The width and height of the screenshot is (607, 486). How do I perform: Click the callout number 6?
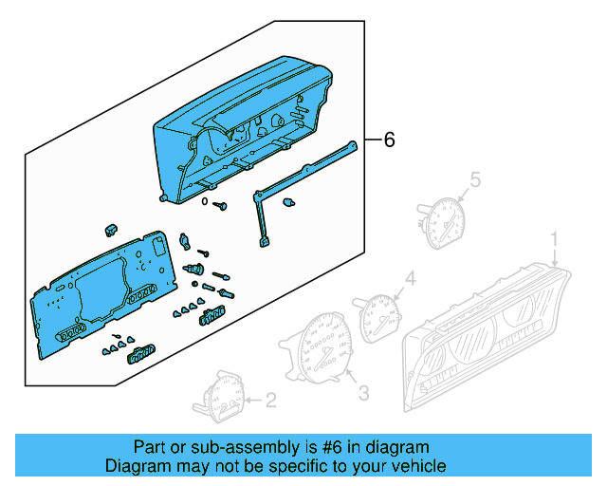(x=388, y=140)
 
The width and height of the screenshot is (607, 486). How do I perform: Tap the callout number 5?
(x=476, y=178)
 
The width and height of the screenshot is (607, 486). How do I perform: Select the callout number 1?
(x=557, y=237)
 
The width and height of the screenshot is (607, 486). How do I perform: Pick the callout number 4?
(x=410, y=278)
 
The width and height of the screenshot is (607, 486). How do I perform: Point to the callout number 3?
(x=363, y=389)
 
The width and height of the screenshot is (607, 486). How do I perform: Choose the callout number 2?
(x=270, y=401)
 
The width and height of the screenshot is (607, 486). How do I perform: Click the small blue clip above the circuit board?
(x=111, y=229)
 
